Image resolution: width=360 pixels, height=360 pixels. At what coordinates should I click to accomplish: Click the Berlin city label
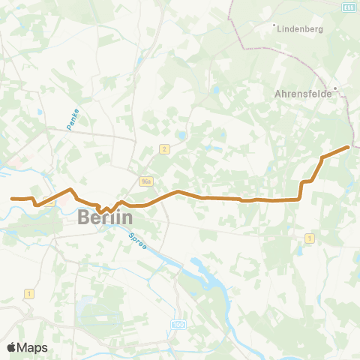(x=105, y=218)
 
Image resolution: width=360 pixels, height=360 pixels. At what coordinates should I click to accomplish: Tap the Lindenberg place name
(x=301, y=30)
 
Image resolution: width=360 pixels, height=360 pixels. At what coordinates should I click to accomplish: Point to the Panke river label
(x=71, y=119)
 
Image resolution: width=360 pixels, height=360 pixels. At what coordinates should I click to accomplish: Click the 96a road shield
(x=146, y=181)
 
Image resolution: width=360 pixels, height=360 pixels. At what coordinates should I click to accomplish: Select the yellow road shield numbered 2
(x=164, y=149)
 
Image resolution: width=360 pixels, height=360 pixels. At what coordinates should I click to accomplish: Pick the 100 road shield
(x=177, y=324)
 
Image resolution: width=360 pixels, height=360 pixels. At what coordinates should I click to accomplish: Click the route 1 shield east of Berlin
(x=309, y=238)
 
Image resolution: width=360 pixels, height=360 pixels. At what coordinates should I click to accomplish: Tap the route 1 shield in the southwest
(x=29, y=292)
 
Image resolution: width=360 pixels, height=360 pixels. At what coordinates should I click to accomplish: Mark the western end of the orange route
(x=13, y=198)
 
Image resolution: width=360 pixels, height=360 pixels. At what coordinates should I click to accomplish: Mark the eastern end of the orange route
(x=348, y=147)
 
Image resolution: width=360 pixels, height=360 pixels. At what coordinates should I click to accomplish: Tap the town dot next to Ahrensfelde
(x=336, y=88)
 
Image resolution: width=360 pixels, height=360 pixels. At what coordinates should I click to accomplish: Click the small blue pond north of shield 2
(x=181, y=136)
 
